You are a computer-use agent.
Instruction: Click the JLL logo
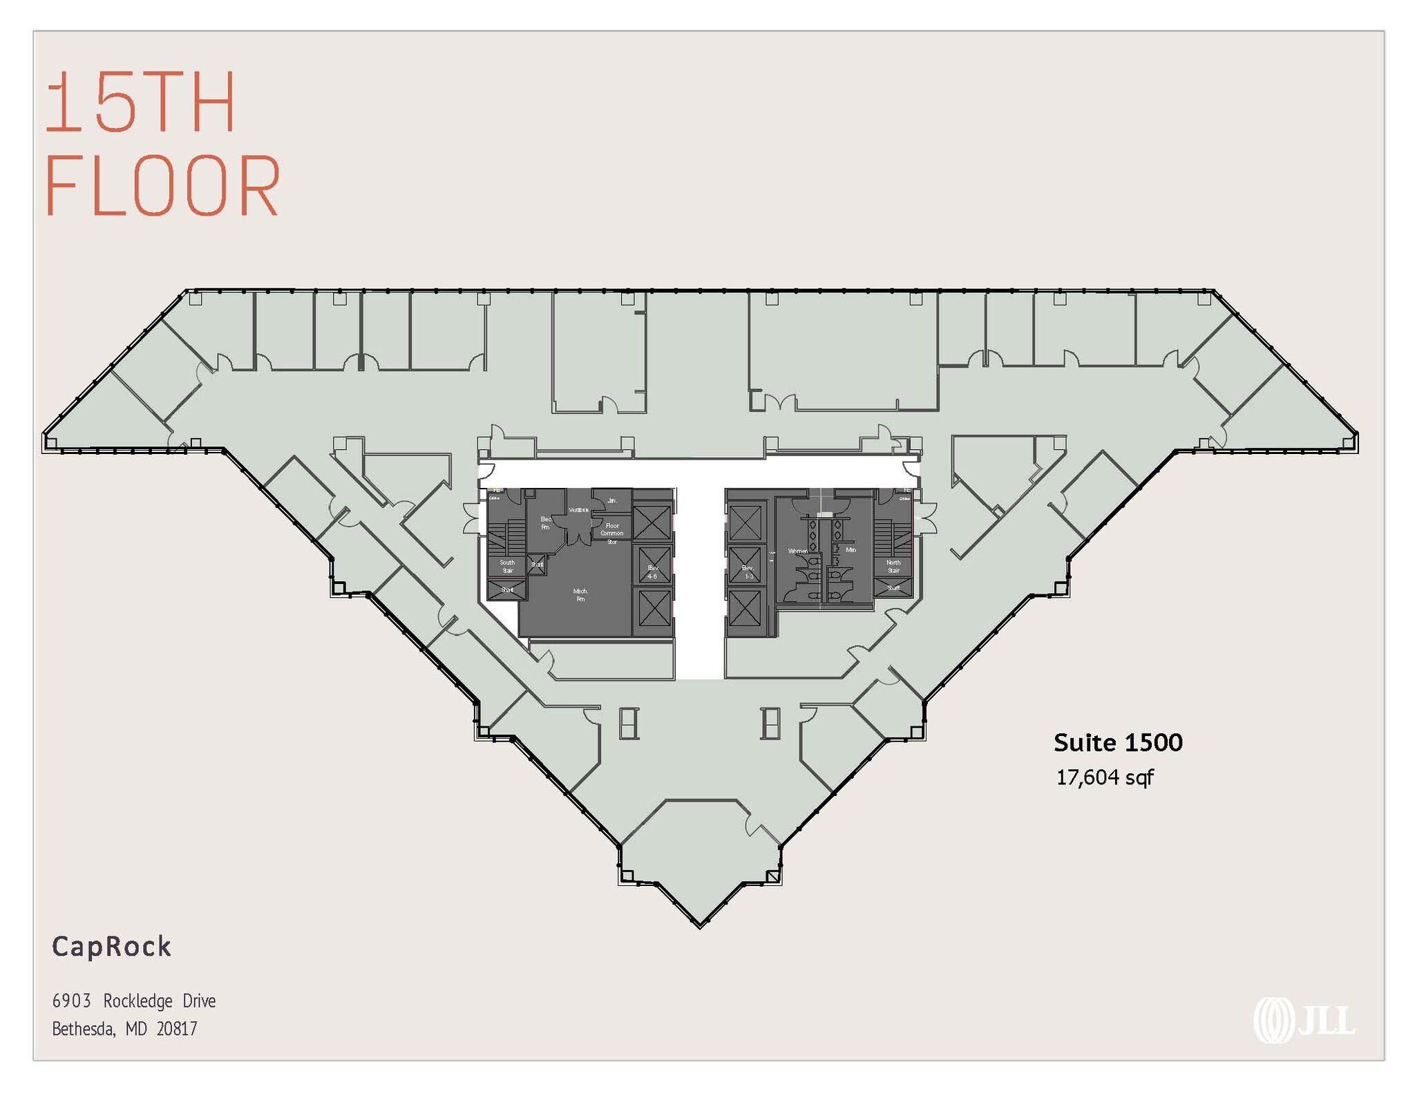1304,1020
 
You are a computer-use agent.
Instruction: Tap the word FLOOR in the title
163,186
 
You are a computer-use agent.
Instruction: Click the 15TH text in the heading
141,102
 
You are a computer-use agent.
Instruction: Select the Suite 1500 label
1117,743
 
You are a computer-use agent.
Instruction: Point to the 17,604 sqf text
1104,777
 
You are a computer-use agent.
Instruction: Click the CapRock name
112,947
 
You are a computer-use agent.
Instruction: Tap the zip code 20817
177,1029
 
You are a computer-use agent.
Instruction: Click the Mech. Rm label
580,595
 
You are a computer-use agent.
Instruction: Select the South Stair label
507,567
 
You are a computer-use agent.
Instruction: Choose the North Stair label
893,567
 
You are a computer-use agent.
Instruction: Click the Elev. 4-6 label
652,572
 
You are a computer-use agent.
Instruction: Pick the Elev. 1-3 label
748,572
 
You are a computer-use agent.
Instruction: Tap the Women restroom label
797,551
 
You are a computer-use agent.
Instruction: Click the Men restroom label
851,550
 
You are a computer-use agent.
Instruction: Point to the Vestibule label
578,510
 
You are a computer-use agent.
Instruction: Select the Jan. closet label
611,500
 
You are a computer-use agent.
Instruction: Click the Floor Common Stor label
612,534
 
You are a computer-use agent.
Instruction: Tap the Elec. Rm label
546,523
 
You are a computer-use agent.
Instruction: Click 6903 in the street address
72,1001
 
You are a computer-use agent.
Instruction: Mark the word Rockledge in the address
137,1001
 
